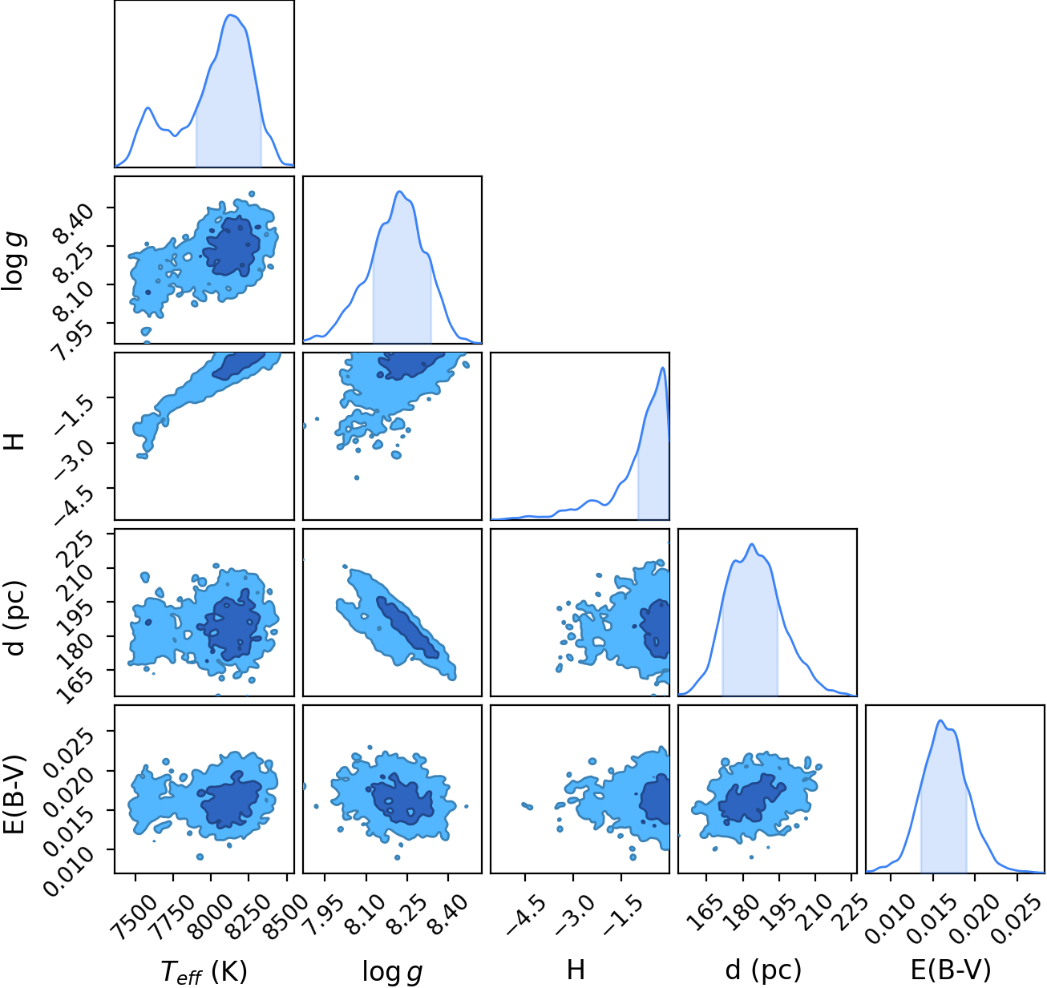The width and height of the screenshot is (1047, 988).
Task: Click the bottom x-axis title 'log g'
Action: (392, 970)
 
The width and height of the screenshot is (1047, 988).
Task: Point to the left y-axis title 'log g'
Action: (14, 261)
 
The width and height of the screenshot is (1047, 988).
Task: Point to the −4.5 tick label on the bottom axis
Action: (523, 915)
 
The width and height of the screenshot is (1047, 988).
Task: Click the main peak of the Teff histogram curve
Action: (230, 14)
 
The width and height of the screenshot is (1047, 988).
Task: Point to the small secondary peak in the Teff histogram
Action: (148, 107)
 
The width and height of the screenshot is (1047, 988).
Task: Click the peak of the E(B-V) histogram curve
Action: (940, 720)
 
